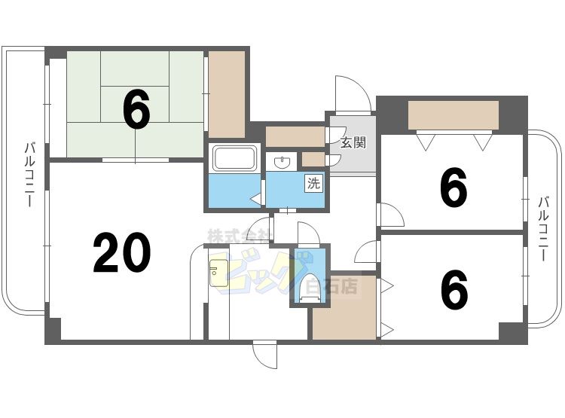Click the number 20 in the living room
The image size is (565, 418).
pos(122,253)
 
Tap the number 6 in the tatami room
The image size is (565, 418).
pos(136,109)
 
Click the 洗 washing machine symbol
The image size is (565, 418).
pos(313,182)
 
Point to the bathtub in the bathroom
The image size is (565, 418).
pos(236,159)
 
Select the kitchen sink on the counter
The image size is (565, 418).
pos(218,273)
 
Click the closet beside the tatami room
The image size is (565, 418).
pos(227,92)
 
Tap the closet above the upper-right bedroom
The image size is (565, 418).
pos(453,115)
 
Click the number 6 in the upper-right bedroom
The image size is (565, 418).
pos(453,188)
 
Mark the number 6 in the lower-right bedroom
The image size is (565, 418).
pos(453,289)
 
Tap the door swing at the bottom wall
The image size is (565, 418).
pos(265,354)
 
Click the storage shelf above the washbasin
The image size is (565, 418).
pos(294,137)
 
